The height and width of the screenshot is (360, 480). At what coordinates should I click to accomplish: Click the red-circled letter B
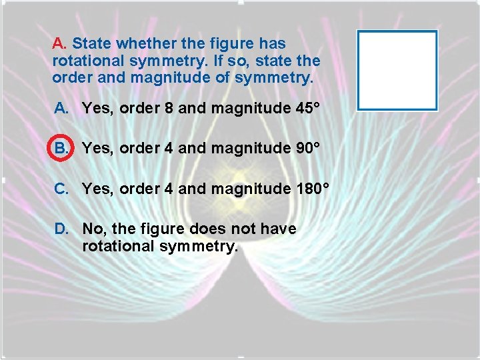[60, 149]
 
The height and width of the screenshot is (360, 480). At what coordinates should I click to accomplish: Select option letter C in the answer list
[61, 189]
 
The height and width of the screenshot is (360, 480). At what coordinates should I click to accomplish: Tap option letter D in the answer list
[61, 229]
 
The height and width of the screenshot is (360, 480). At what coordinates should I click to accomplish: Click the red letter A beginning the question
[59, 44]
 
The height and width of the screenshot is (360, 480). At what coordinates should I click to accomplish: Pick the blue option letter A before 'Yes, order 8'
[60, 108]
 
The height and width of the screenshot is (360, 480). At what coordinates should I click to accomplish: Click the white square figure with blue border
[397, 70]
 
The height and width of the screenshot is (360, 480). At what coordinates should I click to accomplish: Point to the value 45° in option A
[305, 108]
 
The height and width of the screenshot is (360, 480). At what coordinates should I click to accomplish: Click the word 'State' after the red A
[92, 44]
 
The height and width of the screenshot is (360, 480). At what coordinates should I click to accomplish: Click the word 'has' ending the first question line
[272, 44]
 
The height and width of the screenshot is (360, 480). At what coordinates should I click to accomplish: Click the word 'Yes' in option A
[97, 108]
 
